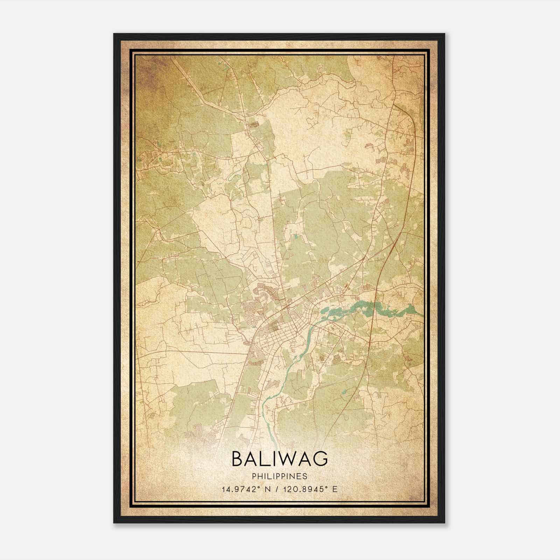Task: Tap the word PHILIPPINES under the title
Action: coord(280,476)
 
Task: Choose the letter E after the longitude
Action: coord(335,489)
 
